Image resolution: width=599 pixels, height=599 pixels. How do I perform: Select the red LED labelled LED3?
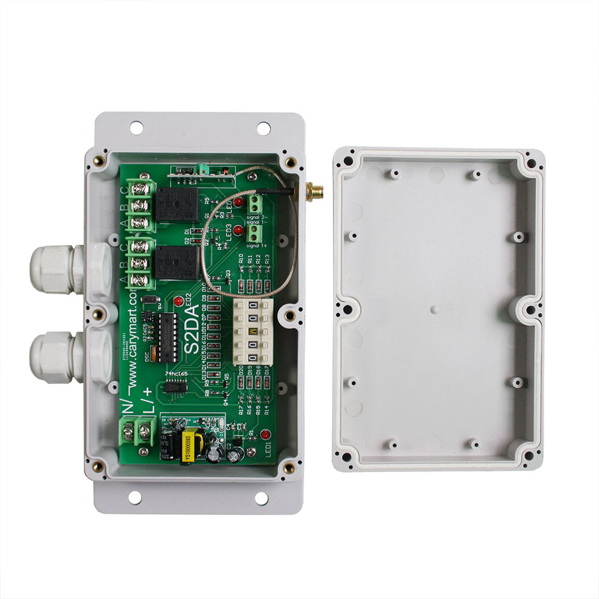coord(238,230)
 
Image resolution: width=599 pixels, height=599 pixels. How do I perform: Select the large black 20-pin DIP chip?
coord(168,337)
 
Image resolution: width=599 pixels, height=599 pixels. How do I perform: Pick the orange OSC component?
coord(155,354)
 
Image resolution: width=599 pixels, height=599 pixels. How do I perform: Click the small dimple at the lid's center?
coord(435,310)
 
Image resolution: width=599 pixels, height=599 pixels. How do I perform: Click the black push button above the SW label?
coord(152,299)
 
